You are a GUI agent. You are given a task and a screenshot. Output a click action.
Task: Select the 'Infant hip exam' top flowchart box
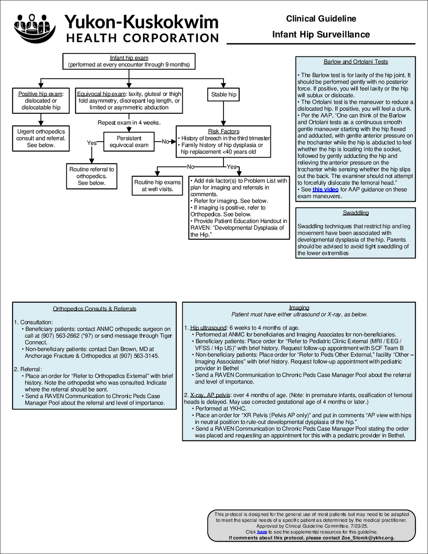pos(129,61)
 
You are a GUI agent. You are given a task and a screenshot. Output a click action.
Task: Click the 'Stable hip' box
pos(223,95)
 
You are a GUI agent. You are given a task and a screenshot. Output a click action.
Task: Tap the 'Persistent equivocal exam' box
pos(129,142)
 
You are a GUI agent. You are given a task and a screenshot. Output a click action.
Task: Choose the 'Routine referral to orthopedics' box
pos(92,176)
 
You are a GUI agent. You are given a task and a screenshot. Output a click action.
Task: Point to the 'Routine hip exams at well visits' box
pos(158,185)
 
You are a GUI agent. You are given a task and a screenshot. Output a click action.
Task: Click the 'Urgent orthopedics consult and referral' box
pos(41,138)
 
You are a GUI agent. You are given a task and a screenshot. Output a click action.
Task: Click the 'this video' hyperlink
pos(325,190)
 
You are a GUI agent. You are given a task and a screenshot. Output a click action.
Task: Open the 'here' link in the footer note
pos(262,532)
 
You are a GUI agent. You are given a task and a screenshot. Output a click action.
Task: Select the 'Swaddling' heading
pos(356,213)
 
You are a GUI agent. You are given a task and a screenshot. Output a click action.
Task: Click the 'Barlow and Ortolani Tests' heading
pos(356,62)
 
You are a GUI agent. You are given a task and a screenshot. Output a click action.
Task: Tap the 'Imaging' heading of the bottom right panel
pos(299,307)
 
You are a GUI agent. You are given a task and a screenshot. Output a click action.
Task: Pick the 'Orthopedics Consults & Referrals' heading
pos(95,309)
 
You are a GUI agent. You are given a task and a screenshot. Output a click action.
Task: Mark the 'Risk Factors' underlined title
pos(223,131)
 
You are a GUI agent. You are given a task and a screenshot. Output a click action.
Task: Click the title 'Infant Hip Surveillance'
pos(321,35)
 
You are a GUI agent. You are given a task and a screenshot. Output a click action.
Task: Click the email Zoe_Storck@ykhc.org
pos(368,538)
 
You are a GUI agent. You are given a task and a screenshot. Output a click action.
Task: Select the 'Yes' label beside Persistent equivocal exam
pos(92,143)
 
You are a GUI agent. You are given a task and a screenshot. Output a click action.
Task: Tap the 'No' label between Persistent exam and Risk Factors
pos(165,142)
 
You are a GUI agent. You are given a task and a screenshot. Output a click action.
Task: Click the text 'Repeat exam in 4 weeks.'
pos(129,123)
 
